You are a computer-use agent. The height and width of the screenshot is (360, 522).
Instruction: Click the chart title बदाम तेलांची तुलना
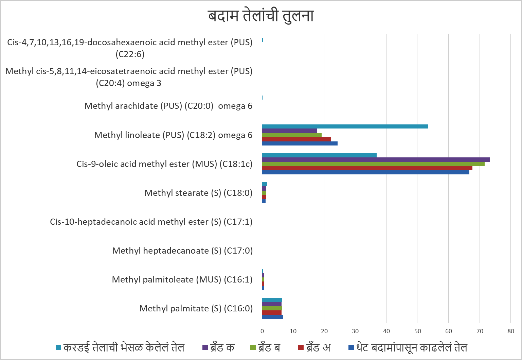pos(260,16)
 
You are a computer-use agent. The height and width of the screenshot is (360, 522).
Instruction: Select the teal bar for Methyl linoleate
pos(345,126)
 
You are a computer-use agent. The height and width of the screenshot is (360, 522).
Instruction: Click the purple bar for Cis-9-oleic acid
pos(376,159)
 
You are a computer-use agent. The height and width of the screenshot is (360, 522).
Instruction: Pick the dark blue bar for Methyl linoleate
pos(300,143)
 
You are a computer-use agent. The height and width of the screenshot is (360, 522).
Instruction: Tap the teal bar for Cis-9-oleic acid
pos(319,155)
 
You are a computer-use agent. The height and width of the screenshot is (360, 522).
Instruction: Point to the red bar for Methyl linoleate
pos(296,139)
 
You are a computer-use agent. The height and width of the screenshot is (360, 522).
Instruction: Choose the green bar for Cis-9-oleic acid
pos(373,164)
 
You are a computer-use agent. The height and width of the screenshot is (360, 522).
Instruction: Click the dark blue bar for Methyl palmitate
pos(272,317)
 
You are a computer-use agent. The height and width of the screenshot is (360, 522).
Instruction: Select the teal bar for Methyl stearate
pos(265,184)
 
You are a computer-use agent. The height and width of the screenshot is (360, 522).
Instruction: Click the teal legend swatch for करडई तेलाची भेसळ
pos(58,347)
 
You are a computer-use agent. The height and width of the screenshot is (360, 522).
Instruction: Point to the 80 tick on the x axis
pos(510,331)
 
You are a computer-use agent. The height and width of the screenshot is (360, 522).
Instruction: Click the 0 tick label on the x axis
pos(262,331)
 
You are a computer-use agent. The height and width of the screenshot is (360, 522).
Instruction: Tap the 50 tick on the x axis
pos(417,331)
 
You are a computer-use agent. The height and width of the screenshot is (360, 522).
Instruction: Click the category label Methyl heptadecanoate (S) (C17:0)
pos(182,251)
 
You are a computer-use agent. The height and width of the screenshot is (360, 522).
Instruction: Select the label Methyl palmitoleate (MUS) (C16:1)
pos(182,280)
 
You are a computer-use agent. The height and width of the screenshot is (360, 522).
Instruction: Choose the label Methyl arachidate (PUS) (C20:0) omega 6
pos(168,106)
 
